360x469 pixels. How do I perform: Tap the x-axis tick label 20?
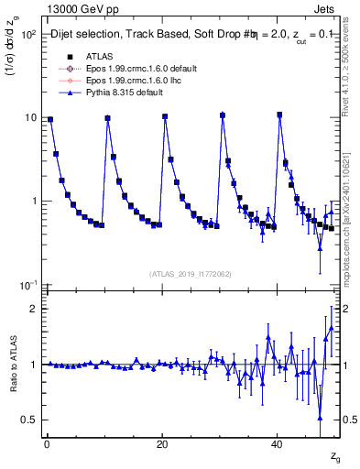(x=162, y=444)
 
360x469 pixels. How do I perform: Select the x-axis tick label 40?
(x=278, y=444)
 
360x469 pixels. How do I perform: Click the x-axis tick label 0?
(x=46, y=444)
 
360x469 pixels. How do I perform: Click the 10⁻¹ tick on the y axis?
(x=27, y=286)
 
